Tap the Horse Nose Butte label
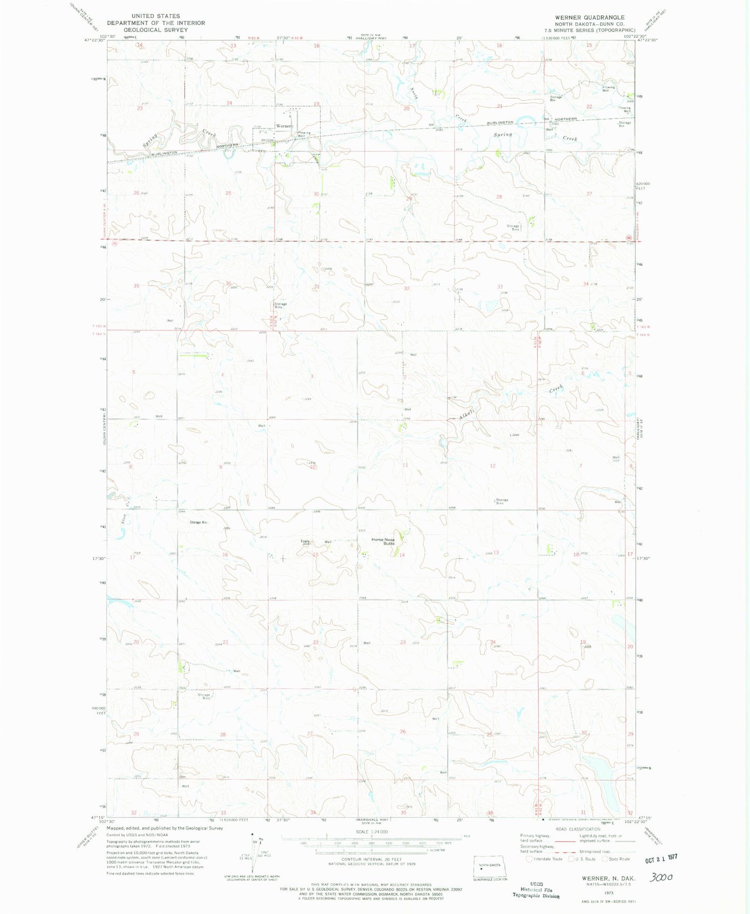coord(383,541)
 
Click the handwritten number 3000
coord(662,877)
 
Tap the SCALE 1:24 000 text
coord(371,831)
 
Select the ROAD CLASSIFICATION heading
coord(577,829)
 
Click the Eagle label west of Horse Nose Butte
coord(305,541)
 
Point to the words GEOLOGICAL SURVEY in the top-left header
coord(156,30)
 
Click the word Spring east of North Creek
coord(502,134)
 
